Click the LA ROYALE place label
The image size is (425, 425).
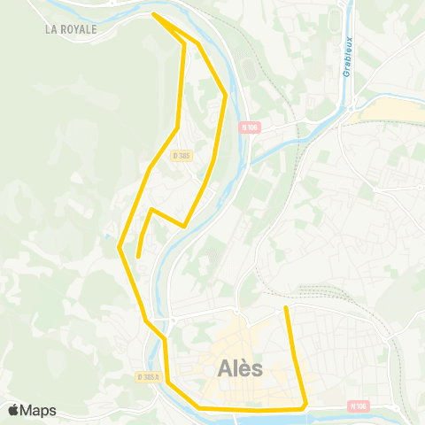[70, 28]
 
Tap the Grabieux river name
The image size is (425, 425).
[348, 55]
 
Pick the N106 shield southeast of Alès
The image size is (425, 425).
[358, 406]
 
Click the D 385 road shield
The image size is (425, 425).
[182, 156]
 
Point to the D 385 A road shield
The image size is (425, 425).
[149, 377]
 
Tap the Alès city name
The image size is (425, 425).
[239, 368]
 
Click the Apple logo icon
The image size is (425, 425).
[14, 411]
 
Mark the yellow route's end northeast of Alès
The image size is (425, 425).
[285, 307]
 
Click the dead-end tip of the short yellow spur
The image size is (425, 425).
[139, 257]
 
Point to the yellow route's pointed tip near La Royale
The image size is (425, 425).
[154, 14]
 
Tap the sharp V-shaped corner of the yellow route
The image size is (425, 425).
[183, 226]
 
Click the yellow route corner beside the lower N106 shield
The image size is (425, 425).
[305, 405]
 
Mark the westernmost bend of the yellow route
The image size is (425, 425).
[120, 248]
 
